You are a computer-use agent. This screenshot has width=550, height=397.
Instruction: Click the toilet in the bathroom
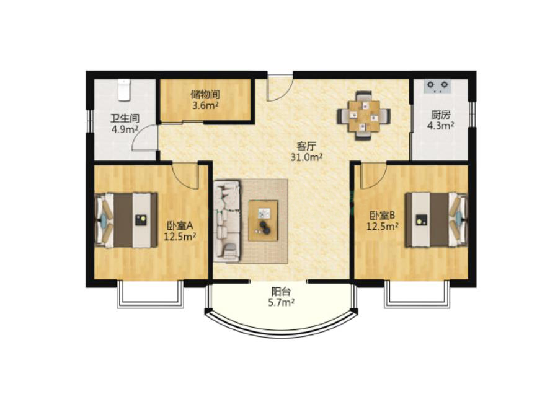click(124, 90)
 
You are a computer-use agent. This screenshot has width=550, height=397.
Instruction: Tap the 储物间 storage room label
click(205, 95)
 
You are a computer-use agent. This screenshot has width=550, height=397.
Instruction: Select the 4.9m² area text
click(125, 129)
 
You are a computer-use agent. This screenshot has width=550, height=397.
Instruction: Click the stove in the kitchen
click(438, 86)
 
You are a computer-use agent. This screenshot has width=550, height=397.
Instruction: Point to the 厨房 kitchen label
click(441, 115)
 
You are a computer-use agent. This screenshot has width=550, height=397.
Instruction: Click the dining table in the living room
click(364, 116)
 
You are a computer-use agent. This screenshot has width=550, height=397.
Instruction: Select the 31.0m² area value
click(306, 157)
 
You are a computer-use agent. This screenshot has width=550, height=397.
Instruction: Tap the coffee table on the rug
click(263, 220)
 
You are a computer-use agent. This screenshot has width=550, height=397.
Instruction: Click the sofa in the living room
click(228, 221)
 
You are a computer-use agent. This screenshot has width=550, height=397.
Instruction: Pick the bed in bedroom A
click(126, 220)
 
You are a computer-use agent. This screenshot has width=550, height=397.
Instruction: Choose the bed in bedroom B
click(437, 220)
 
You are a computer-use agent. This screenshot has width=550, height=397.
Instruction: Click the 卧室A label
click(180, 226)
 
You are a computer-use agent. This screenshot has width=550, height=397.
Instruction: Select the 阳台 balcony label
click(281, 292)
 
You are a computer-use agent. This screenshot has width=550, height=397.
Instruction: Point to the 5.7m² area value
click(281, 302)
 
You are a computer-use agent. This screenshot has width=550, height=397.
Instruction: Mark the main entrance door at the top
click(280, 87)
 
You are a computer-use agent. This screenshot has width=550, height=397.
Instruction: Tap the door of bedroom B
click(373, 175)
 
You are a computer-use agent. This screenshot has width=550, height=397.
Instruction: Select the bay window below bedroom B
click(417, 295)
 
